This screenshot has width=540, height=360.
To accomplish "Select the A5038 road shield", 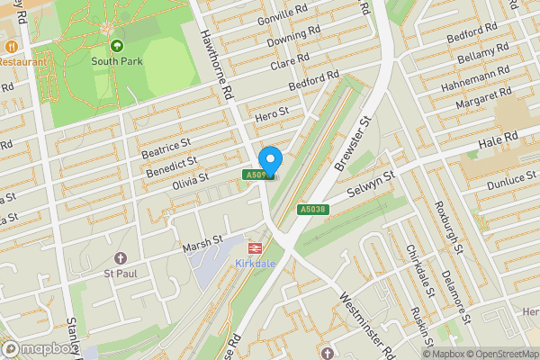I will tap(311, 210).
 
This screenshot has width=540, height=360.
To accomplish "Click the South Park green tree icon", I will tap(116, 45).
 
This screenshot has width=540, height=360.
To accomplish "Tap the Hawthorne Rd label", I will tap(217, 61).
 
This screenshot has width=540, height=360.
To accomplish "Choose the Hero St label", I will tap(270, 114).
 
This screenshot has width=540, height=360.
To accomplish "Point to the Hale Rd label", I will tap(498, 138).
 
